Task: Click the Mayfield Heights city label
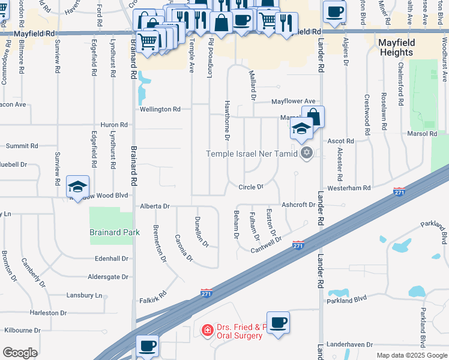coord(396,47)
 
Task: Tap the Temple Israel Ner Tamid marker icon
coord(307,152)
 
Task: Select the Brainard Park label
coord(114,232)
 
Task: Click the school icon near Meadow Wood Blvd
coord(77,187)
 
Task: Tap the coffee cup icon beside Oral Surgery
coord(278,323)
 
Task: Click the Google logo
coord(20,353)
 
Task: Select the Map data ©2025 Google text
coord(411,355)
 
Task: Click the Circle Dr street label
coord(252,187)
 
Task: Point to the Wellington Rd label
coord(160,109)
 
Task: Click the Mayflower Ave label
coord(293,101)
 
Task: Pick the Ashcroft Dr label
coord(298,205)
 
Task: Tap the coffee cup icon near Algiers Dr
coord(334,11)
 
